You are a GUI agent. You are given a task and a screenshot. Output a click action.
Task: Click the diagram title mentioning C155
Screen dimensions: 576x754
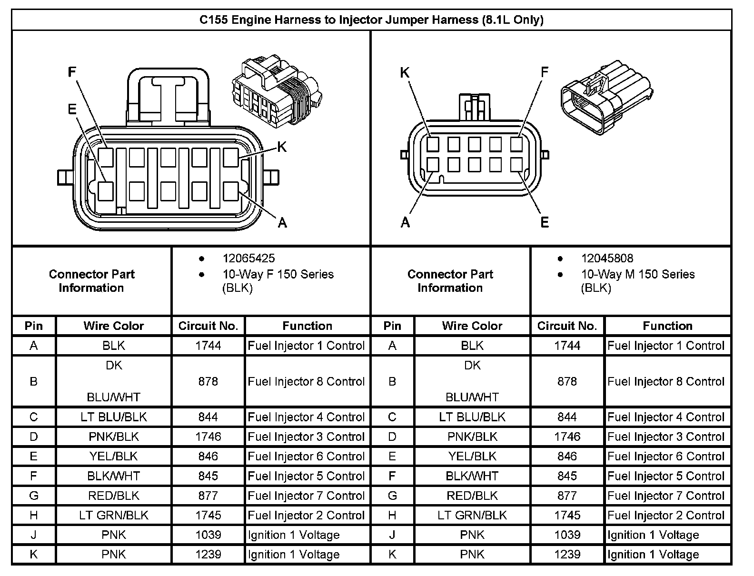(371, 20)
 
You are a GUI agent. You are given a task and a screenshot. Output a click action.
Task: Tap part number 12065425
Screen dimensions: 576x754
(248, 258)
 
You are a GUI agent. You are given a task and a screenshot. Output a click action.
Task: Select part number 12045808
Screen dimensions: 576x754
(607, 258)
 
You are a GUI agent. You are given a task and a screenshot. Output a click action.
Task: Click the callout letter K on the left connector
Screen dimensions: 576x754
(282, 147)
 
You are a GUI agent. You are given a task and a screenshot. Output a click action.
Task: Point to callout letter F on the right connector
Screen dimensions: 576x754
(545, 72)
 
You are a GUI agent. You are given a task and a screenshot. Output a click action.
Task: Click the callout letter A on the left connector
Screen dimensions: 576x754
(282, 222)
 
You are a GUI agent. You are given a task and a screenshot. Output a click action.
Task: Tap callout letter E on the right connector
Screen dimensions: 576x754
(545, 222)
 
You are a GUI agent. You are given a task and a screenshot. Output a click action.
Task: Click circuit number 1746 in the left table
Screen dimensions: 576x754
(208, 437)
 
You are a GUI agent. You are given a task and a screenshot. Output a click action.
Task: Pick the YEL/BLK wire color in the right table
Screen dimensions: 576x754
(472, 457)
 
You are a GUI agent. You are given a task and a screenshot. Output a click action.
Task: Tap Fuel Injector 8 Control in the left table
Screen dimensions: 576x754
(306, 381)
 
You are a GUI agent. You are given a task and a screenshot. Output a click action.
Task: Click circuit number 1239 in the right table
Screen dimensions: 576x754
(567, 555)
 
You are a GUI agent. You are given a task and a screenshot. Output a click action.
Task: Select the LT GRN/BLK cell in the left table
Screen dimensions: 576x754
(114, 516)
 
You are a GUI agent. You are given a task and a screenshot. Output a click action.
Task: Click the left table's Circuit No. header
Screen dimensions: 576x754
(208, 326)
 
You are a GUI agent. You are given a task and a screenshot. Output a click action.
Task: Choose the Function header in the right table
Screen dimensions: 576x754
(667, 326)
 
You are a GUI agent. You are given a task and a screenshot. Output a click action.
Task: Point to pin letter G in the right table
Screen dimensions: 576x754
(392, 496)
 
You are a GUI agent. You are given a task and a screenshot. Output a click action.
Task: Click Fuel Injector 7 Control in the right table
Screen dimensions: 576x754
(666, 496)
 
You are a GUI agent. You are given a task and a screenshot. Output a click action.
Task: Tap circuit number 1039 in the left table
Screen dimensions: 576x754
(208, 535)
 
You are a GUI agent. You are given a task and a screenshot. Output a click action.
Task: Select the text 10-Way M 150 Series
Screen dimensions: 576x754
(637, 275)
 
